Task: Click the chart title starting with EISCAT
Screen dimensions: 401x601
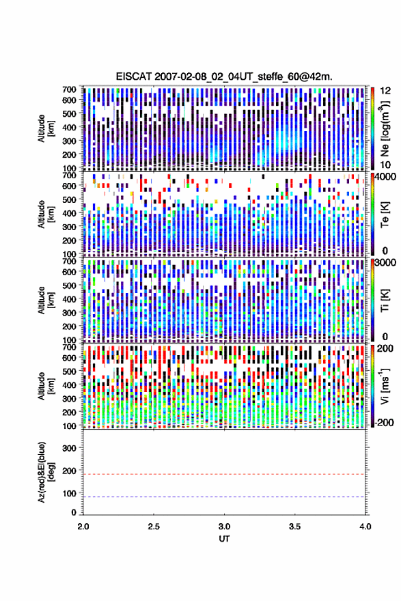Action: click(224, 76)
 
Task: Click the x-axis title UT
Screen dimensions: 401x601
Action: click(224, 539)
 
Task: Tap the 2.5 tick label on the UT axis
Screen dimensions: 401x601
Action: click(154, 527)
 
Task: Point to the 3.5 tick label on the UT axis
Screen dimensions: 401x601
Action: click(294, 527)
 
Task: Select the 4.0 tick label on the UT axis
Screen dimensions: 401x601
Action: click(365, 527)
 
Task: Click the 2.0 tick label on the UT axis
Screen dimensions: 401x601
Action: click(83, 527)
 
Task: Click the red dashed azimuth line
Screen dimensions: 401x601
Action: click(224, 474)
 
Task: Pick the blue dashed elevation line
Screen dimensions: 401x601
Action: click(224, 497)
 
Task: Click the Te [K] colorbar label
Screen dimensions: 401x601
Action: click(385, 214)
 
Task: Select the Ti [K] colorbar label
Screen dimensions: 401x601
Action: click(385, 300)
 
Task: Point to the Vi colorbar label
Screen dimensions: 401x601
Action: click(385, 387)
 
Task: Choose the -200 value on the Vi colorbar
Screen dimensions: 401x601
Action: click(383, 422)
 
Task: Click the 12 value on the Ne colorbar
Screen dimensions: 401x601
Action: click(386, 91)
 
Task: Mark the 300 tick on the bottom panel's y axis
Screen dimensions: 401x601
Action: click(69, 448)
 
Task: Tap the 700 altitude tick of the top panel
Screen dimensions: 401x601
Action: click(69, 89)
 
